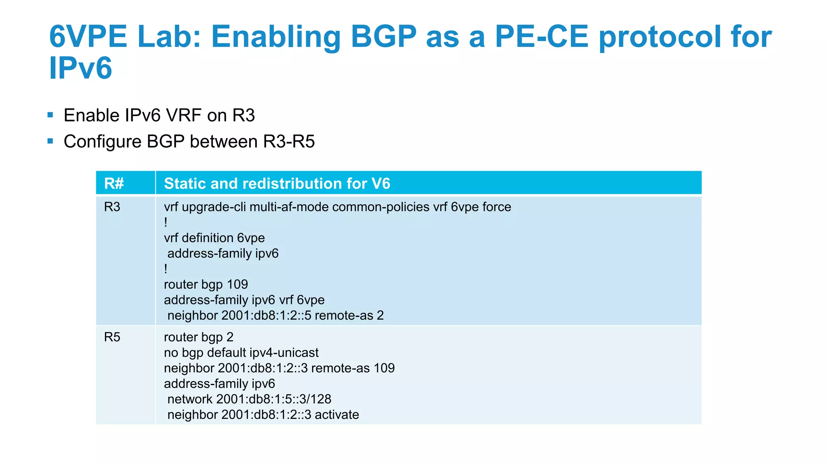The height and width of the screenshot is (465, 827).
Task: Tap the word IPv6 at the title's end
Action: (80, 68)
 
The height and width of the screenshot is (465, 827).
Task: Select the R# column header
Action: (114, 184)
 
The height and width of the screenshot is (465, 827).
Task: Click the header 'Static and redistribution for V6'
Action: (277, 184)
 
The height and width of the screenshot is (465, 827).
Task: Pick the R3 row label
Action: (112, 207)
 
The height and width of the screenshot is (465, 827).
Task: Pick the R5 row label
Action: (112, 337)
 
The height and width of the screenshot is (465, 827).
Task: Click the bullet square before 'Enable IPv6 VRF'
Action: (50, 115)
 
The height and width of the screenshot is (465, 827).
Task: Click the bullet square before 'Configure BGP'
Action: (50, 141)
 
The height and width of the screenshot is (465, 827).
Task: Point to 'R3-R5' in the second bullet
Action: (289, 142)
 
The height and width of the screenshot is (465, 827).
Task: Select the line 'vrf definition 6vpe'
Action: (214, 238)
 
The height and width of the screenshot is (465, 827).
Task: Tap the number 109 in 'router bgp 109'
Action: (237, 285)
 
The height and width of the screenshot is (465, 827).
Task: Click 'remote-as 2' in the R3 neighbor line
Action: (349, 315)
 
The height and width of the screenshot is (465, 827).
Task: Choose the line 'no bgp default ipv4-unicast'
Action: (241, 353)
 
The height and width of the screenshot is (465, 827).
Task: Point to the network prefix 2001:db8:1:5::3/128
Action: (273, 399)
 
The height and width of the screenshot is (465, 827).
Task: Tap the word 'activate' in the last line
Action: (337, 415)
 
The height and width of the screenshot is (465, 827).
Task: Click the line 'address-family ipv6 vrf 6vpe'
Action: (244, 300)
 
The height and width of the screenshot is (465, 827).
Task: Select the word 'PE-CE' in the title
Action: (542, 37)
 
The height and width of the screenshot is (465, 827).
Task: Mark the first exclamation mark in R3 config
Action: (166, 222)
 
